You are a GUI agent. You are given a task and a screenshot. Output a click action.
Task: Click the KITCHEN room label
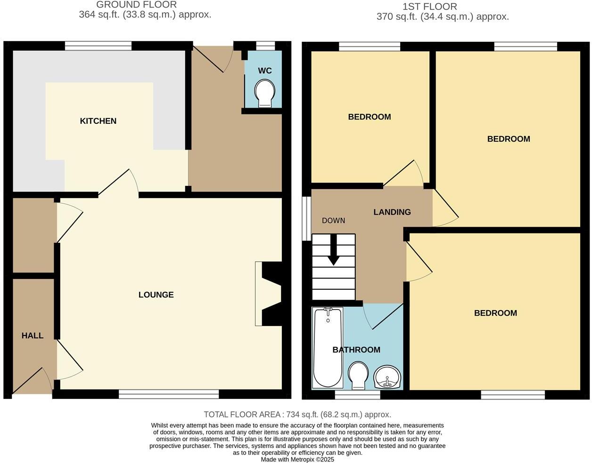click(x=98, y=121)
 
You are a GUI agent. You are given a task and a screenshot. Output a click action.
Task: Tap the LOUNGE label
click(x=156, y=295)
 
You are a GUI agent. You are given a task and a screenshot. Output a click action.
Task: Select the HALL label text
click(x=33, y=335)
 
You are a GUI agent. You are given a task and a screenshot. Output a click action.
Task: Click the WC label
click(x=265, y=71)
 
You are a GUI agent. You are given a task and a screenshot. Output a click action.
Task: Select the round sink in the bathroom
click(x=387, y=377)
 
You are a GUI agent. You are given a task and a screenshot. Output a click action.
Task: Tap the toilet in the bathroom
click(x=359, y=375)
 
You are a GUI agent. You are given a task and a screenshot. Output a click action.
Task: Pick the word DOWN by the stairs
click(x=334, y=220)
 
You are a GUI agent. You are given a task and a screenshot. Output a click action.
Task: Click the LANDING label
click(x=392, y=212)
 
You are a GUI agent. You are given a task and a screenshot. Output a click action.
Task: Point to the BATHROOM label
click(x=356, y=350)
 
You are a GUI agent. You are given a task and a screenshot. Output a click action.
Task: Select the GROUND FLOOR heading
click(x=136, y=5)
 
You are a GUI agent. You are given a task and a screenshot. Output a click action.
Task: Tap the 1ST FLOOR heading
click(x=429, y=7)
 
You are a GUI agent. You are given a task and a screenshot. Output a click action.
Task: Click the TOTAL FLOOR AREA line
click(x=297, y=415)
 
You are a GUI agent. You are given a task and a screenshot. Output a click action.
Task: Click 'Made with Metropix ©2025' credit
click(x=297, y=459)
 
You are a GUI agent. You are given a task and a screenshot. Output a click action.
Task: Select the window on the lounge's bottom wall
click(x=169, y=394)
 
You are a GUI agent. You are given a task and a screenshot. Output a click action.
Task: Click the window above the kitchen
click(x=98, y=46)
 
